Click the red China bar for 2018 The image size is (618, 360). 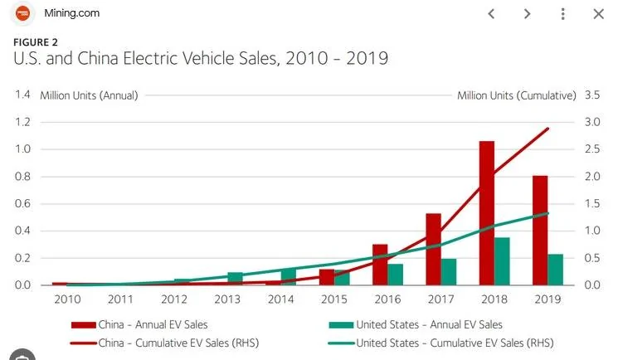[487, 213]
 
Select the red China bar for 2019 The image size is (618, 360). [540, 231]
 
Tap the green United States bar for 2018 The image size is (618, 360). [502, 261]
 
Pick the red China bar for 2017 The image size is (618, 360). [433, 249]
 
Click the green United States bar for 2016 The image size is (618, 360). [396, 275]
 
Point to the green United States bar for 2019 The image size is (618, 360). [555, 270]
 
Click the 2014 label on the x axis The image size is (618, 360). [280, 299]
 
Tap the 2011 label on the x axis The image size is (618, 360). [120, 299]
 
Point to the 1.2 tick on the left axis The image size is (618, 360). [22, 122]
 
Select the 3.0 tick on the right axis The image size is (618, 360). [592, 122]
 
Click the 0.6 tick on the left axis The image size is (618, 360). [22, 203]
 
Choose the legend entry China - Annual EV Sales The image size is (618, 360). [139, 324]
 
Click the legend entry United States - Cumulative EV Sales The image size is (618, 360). [441, 343]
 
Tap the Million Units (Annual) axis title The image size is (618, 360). [89, 95]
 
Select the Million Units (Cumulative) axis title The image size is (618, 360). [517, 95]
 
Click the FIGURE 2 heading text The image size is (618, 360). [36, 42]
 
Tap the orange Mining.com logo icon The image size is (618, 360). [23, 13]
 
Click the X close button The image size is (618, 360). [599, 14]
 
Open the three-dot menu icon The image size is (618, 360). [562, 14]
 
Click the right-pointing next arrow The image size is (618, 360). [527, 14]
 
